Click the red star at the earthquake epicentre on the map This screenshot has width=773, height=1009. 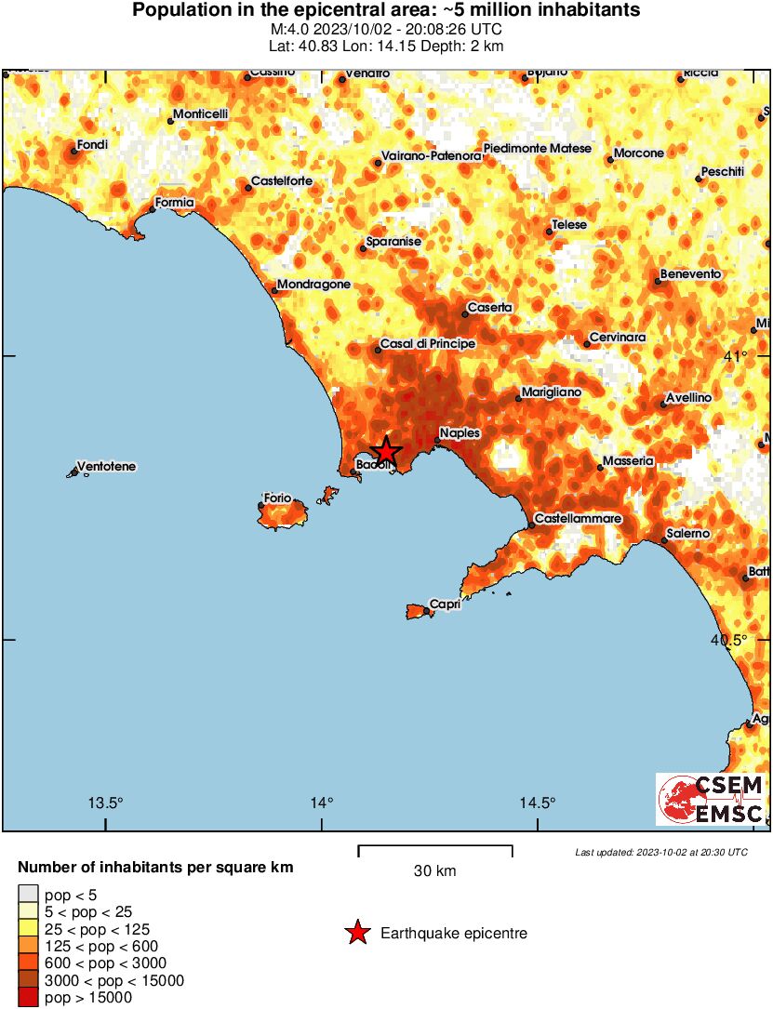[386, 452]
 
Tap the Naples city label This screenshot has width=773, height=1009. [460, 433]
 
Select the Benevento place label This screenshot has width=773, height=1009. [690, 274]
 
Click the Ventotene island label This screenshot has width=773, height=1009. [105, 466]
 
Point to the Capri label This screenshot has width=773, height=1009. [446, 605]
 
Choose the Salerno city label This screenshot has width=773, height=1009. [688, 534]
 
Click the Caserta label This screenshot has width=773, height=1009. [489, 308]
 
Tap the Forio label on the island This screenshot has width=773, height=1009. [278, 498]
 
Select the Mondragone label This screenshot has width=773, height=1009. [313, 285]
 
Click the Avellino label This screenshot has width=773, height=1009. [689, 398]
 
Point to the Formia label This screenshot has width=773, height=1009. [174, 202]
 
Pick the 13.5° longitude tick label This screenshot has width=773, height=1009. [105, 803]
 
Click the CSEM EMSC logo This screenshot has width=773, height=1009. [711, 799]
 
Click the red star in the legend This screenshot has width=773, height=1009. [357, 933]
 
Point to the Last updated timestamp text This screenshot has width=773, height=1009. [660, 852]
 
